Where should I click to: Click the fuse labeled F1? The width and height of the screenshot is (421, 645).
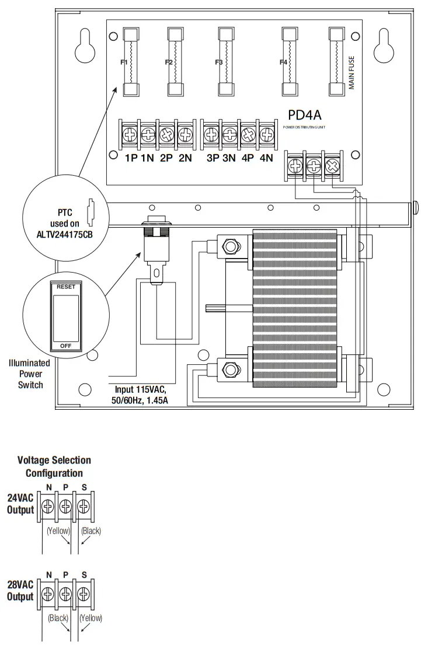[131, 61]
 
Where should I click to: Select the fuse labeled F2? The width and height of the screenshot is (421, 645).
[176, 61]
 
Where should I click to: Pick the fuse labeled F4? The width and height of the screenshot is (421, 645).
[290, 61]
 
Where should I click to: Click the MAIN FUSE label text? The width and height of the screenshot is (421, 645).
[352, 73]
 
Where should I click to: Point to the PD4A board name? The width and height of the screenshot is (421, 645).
[304, 115]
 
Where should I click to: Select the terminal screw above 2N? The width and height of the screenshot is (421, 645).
[185, 135]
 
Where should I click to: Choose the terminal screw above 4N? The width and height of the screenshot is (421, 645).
[266, 135]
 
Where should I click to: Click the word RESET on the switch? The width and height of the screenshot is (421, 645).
[65, 287]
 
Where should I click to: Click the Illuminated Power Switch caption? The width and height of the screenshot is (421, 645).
[29, 374]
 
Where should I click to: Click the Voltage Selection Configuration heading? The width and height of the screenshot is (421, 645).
[54, 466]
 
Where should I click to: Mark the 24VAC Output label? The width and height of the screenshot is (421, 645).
[20, 504]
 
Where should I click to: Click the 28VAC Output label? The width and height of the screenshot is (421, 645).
[20, 591]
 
